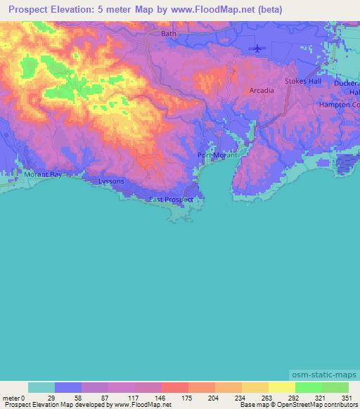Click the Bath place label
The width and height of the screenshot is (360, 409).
click(x=169, y=33)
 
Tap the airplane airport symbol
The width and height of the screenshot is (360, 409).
click(x=257, y=48)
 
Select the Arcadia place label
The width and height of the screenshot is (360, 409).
click(x=262, y=91)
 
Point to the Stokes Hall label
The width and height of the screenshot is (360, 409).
click(x=302, y=82)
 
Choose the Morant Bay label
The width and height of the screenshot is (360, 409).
click(x=43, y=174)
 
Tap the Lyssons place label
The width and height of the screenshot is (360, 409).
click(x=111, y=181)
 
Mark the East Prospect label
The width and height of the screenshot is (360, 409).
click(x=170, y=200)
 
